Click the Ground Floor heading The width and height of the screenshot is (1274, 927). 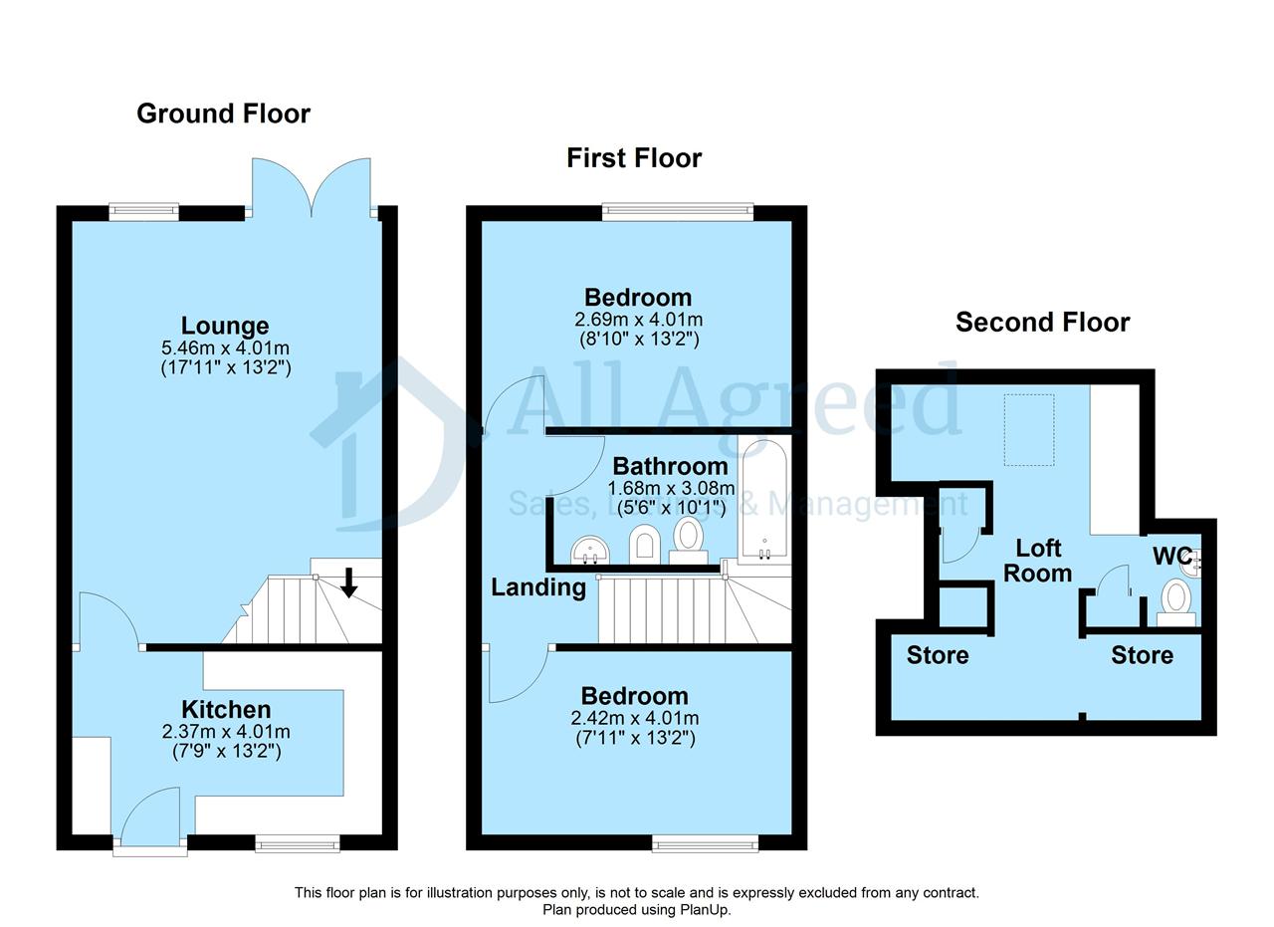tap(224, 114)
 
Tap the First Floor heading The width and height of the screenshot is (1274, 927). tap(634, 157)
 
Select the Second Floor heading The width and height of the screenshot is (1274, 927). tap(1042, 322)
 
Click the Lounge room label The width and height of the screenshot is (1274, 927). tap(225, 326)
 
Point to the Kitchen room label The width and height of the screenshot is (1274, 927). tap(226, 710)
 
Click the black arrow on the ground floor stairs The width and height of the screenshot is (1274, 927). tap(348, 582)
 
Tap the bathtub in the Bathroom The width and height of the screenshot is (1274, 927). tap(765, 499)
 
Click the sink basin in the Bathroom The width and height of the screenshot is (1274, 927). tap(590, 550)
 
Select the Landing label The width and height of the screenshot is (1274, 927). tap(538, 587)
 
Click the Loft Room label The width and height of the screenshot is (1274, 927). tap(1038, 561)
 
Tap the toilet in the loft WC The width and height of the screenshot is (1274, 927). tap(1175, 603)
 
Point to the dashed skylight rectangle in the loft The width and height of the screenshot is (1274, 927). tap(1029, 430)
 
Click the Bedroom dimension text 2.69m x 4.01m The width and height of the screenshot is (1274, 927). tap(638, 320)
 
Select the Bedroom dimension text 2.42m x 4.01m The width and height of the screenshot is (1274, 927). tap(635, 718)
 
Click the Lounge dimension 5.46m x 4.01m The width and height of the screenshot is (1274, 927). tap(225, 348)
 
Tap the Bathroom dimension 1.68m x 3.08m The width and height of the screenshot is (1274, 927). tap(671, 488)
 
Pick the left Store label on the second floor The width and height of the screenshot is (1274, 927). tap(938, 655)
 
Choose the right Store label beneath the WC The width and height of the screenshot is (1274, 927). tap(1142, 655)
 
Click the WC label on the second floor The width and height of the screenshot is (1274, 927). tap(1172, 556)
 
